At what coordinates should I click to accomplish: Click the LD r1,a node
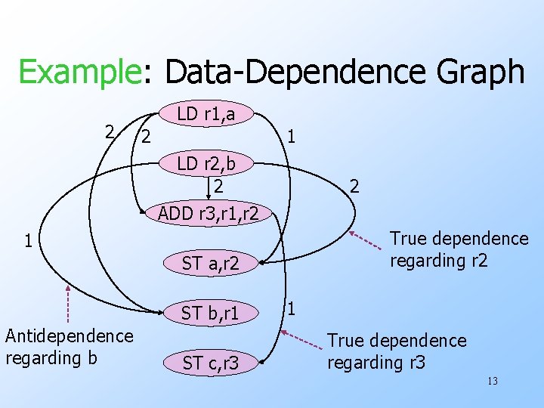[206, 114]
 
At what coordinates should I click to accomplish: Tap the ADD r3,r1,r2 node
[209, 214]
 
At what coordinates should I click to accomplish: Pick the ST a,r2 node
[210, 264]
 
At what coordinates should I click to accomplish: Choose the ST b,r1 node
[210, 313]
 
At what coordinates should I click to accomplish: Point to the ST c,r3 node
[210, 363]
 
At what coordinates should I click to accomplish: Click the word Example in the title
[76, 73]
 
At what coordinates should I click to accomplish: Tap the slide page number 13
[492, 382]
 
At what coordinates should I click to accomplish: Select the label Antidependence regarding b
[70, 346]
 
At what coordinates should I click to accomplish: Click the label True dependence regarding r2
[459, 249]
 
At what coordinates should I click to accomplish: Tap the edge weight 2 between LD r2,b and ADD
[218, 184]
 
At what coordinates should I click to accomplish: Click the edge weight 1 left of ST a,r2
[27, 242]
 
